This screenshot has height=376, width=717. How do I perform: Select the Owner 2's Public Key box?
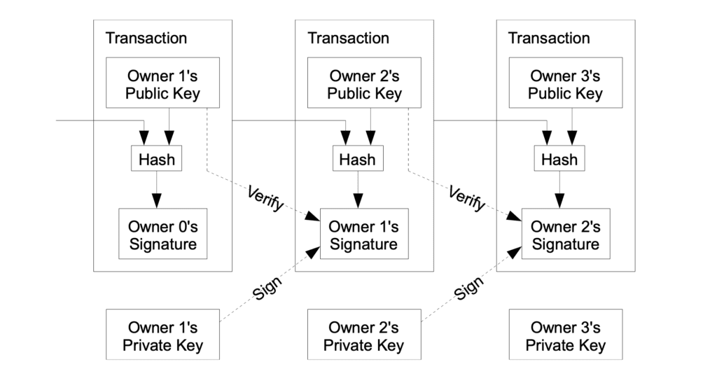(363, 84)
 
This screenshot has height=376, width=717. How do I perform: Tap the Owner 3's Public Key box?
(565, 84)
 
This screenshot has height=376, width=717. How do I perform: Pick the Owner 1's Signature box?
(363, 235)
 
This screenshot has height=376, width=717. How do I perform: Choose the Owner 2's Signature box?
(565, 235)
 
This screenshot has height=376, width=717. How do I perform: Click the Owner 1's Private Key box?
(162, 336)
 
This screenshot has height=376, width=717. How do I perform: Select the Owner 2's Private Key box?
(363, 336)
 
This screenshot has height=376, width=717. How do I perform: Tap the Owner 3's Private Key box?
(565, 336)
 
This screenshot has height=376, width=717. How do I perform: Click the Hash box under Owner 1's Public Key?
(157, 159)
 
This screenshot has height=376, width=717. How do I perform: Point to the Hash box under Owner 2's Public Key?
(357, 159)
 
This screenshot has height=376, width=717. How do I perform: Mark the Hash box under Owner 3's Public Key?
(559, 159)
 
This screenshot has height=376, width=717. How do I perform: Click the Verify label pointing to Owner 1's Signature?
(265, 199)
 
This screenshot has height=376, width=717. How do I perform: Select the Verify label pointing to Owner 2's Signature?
(467, 199)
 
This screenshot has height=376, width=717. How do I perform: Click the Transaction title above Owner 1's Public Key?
(146, 38)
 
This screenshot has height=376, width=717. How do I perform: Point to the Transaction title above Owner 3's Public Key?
(549, 38)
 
